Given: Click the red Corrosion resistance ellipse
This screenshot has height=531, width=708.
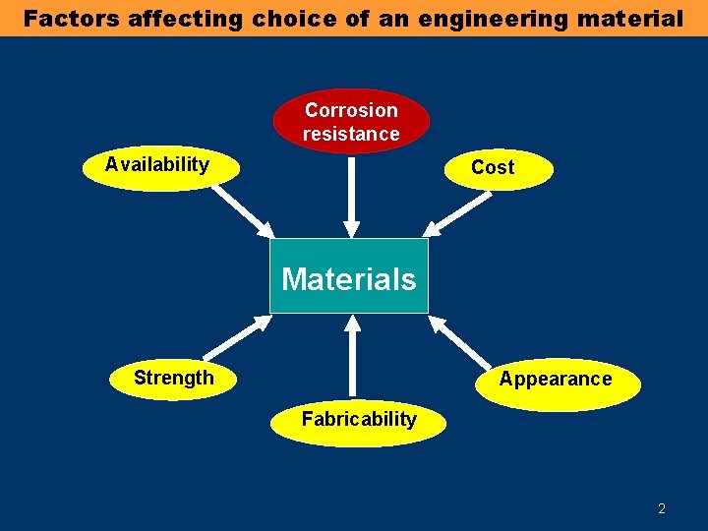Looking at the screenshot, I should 351,122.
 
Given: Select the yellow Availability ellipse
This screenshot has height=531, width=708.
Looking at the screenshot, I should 159,165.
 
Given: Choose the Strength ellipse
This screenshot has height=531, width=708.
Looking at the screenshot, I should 173,379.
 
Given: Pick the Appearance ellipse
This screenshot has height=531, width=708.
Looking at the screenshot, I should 557,381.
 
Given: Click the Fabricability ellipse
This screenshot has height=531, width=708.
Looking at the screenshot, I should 359,421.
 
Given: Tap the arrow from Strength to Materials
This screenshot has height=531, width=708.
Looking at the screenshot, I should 236,336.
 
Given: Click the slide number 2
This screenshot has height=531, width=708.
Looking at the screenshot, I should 662,508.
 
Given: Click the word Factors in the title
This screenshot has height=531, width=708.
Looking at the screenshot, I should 72,18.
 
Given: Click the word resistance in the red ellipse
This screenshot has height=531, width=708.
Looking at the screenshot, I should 351,134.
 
